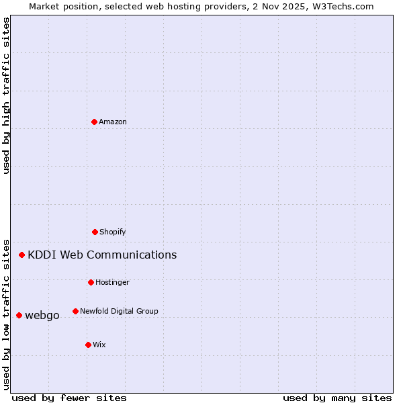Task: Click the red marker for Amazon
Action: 95,122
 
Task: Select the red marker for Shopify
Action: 95,232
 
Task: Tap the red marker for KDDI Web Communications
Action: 22,255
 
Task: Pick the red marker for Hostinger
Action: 91,282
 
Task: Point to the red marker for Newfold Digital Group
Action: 75,311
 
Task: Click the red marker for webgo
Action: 19,315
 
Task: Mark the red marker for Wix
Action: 88,345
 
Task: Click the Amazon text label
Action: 113,122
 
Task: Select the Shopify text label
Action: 113,232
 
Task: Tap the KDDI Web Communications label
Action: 102,255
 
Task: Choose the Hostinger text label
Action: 112,282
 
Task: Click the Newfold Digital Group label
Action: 119,311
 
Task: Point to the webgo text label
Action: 42,315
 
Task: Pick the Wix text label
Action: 99,345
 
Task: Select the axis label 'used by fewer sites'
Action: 69,398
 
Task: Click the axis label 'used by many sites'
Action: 337,398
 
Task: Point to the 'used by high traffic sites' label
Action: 6,95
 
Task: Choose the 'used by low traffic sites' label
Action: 6,314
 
